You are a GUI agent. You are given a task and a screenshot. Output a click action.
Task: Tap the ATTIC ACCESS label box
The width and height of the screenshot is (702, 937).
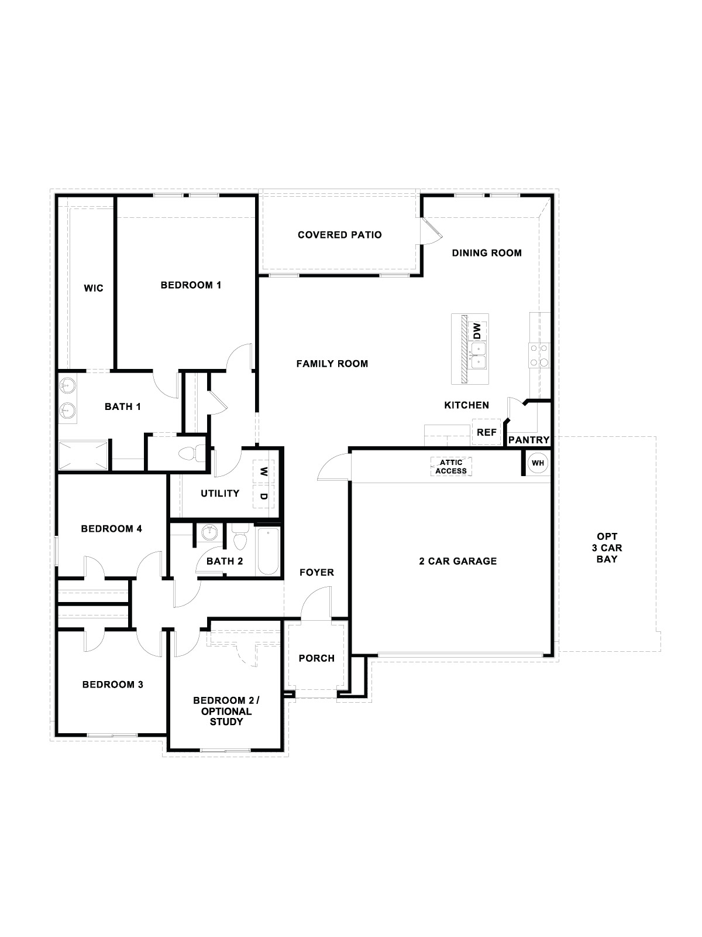(x=451, y=467)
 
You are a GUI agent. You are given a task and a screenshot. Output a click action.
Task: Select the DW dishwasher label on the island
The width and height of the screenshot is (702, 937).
(x=477, y=331)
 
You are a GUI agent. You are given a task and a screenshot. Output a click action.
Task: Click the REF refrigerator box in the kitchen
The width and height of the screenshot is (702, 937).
(x=486, y=432)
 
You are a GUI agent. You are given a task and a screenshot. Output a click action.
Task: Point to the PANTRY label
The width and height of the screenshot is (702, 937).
(x=528, y=440)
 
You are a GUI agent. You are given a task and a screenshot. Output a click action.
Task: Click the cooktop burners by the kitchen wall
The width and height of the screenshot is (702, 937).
(x=539, y=355)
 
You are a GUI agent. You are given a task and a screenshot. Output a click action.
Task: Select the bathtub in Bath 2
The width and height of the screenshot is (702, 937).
(x=269, y=552)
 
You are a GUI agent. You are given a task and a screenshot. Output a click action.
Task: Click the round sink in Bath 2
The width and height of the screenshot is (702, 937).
(x=209, y=533)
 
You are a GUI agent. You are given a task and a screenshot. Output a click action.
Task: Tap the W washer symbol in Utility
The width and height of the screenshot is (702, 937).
(x=263, y=471)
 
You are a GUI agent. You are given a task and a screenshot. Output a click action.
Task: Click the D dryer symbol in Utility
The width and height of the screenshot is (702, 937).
(x=263, y=497)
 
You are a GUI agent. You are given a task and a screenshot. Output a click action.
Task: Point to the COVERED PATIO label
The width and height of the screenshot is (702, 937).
(x=339, y=235)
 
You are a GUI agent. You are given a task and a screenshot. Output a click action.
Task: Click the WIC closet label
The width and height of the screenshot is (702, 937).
(x=93, y=288)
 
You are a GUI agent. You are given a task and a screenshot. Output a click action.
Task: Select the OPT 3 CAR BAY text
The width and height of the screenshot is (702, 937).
(x=607, y=548)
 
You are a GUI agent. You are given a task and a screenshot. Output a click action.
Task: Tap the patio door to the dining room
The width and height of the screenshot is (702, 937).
(x=432, y=231)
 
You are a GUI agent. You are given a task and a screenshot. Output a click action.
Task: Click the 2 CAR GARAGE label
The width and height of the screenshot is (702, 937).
(x=457, y=561)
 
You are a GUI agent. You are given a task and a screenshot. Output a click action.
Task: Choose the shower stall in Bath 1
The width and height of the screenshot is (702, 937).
(x=83, y=454)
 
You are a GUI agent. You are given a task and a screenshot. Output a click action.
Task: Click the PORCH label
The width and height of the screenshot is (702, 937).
(x=316, y=658)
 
